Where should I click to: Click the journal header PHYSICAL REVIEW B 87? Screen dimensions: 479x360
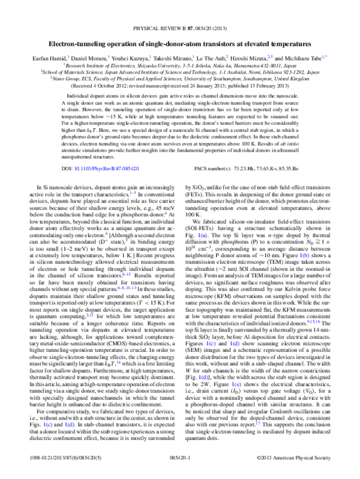click(x=180, y=10)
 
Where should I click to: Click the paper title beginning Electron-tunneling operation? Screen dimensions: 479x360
click(x=180, y=28)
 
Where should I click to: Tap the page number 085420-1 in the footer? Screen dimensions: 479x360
click(x=180, y=472)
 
